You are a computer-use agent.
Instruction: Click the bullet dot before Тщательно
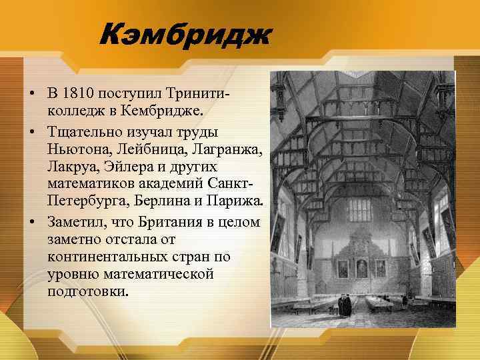pos(32,132)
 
